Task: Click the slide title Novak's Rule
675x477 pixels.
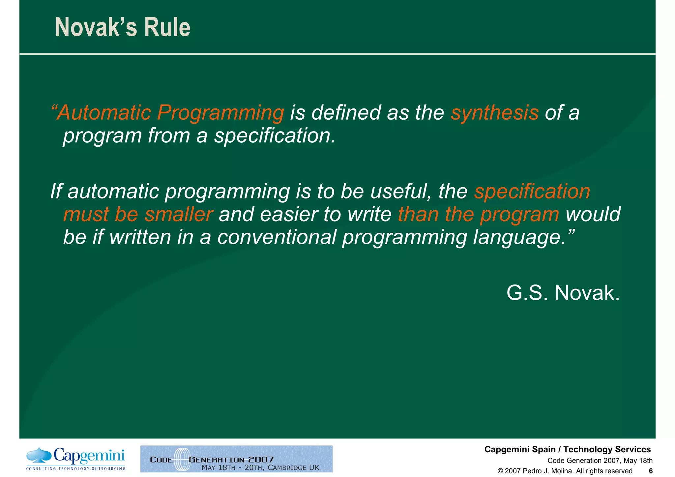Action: (123, 27)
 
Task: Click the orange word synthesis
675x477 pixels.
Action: (494, 113)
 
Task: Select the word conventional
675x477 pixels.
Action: (277, 237)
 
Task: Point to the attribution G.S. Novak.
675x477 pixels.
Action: (563, 293)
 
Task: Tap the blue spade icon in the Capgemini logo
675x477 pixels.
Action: (39, 455)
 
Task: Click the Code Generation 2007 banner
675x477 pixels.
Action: (236, 459)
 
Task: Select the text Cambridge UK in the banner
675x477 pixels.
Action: (293, 467)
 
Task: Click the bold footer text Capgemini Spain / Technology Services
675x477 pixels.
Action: (567, 449)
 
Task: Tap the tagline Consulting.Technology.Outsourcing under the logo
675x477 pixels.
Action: (76, 469)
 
